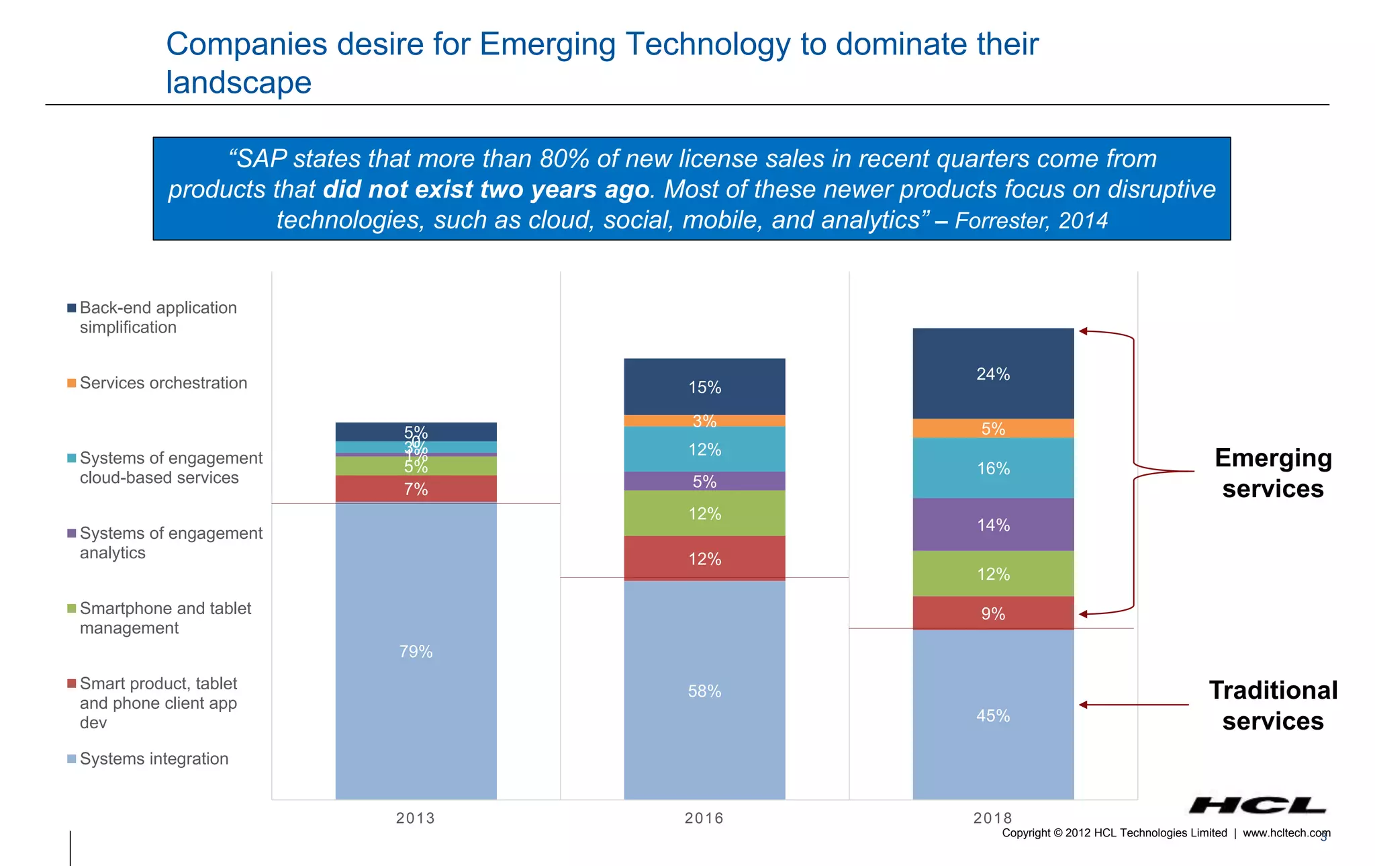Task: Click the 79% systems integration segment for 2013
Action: point(416,650)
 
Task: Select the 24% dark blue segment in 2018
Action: point(993,374)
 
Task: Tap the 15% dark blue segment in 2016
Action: point(704,386)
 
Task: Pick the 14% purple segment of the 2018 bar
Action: point(993,524)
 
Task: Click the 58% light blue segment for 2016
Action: point(704,690)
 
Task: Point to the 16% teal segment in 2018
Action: point(993,468)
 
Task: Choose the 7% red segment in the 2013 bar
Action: point(416,488)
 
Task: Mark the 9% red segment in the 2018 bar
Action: point(993,613)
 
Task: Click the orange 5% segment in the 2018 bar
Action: point(993,429)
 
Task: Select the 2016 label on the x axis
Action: point(704,818)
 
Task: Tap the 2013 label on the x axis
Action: point(416,818)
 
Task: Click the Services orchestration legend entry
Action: point(163,383)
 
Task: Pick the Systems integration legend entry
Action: point(154,759)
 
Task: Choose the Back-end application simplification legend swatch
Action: point(72,308)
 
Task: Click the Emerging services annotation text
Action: point(1273,473)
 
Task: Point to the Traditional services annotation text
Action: point(1273,705)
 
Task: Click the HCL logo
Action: point(1257,805)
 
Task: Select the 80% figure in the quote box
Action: point(565,159)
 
